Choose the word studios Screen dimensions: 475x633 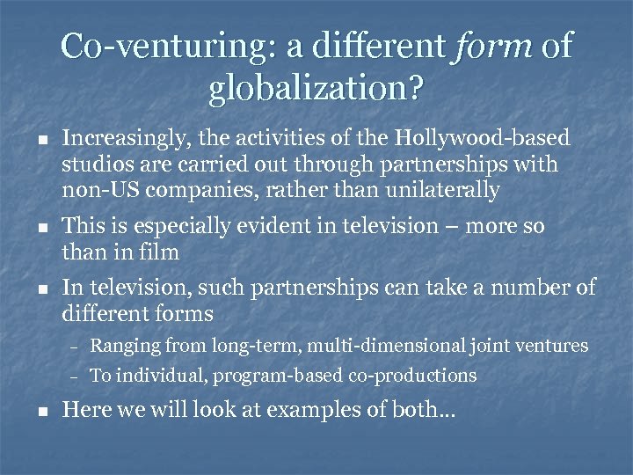click(x=93, y=164)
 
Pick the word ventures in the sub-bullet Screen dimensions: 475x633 click(x=550, y=346)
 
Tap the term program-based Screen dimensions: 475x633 click(x=282, y=376)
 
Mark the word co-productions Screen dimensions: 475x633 click(x=414, y=376)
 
